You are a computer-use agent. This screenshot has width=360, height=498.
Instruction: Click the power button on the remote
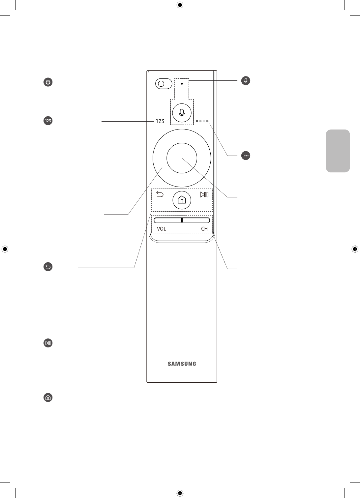[x=164, y=84]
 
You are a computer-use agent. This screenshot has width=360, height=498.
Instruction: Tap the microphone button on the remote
[x=182, y=113]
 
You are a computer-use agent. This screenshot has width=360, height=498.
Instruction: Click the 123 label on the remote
[x=160, y=121]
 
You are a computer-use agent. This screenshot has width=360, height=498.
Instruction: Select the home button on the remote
[x=182, y=200]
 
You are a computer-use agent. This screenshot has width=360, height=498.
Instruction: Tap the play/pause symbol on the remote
[x=204, y=194]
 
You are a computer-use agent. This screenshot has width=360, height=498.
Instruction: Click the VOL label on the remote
[x=162, y=228]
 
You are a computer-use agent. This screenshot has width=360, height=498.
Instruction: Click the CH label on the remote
[x=204, y=228]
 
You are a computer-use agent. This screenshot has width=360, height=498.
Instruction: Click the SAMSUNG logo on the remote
[x=182, y=364]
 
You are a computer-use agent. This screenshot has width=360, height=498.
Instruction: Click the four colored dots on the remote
[x=202, y=121]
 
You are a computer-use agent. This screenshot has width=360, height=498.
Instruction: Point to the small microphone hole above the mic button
[x=182, y=84]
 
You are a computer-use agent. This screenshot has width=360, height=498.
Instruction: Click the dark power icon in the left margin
[x=48, y=82]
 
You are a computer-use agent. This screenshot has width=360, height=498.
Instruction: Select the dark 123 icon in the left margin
[x=48, y=121]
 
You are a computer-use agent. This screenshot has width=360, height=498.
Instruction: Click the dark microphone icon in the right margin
[x=246, y=80]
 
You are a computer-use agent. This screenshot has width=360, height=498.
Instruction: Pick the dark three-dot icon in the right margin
[x=246, y=156]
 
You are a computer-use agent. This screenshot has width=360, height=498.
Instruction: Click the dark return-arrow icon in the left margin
[x=48, y=267]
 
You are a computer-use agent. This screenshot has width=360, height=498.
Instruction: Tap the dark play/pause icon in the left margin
[x=48, y=343]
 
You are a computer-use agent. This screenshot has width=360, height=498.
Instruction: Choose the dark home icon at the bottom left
[x=48, y=397]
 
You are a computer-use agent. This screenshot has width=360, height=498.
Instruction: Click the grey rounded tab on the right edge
[x=338, y=151]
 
